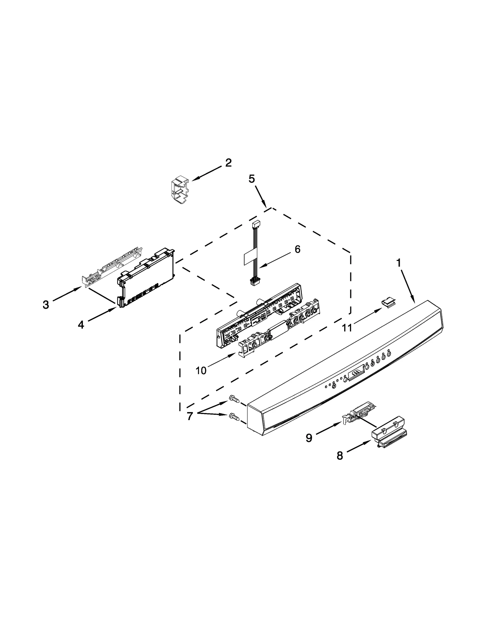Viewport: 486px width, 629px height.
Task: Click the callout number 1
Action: tap(399, 263)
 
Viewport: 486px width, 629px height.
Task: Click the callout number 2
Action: tap(228, 163)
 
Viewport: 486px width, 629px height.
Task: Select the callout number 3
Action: tap(46, 304)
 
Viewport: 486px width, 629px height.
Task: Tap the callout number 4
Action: tap(80, 325)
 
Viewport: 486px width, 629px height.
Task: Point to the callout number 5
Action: tap(252, 179)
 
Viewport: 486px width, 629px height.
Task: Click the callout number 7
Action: tap(190, 416)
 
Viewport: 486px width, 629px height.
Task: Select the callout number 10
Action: tap(201, 370)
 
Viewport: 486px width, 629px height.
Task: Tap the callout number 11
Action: tap(347, 327)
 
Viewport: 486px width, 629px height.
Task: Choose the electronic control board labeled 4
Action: tap(146, 279)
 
